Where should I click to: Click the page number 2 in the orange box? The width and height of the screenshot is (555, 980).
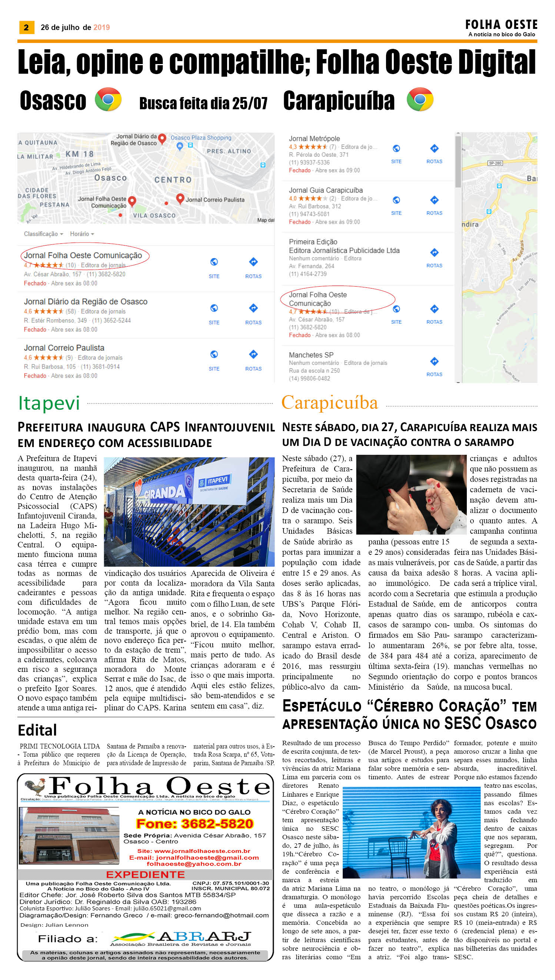pos(26,27)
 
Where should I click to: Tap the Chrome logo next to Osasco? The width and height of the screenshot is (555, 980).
pos(108,100)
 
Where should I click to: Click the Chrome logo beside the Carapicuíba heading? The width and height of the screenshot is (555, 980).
pos(420,100)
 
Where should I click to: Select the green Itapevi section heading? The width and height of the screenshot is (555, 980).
pos(49,403)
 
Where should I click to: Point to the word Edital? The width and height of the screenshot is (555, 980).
pos(37,730)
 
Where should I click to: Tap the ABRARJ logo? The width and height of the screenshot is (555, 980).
pos(181,938)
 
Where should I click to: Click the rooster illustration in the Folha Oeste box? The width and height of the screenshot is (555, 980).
pos(35,786)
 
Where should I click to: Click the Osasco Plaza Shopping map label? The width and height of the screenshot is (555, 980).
pos(201,137)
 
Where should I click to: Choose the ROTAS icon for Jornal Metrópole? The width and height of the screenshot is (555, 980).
pos(434,149)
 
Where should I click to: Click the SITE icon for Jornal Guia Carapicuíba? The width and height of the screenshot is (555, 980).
pos(396,200)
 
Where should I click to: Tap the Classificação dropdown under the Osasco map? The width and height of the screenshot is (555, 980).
pos(43,234)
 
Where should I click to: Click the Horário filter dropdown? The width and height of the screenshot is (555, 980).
pos(82,234)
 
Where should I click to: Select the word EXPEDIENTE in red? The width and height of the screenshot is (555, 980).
pos(145,874)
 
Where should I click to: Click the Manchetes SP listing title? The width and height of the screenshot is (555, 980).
pos(311,355)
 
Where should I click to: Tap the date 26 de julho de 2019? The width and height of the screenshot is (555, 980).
pos(75,27)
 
